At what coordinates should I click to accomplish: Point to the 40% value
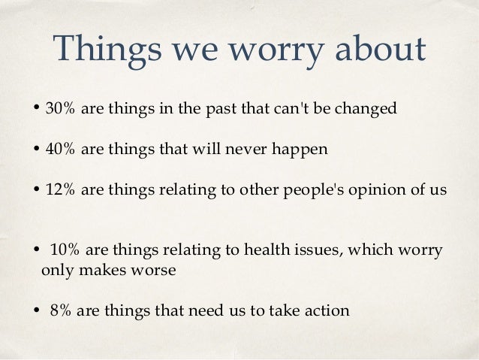59,149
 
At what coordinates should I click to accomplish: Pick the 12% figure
59,189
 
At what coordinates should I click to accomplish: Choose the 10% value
63,250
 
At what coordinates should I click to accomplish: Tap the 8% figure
60,310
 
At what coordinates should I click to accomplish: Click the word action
327,310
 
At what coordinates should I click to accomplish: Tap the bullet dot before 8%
36,310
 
